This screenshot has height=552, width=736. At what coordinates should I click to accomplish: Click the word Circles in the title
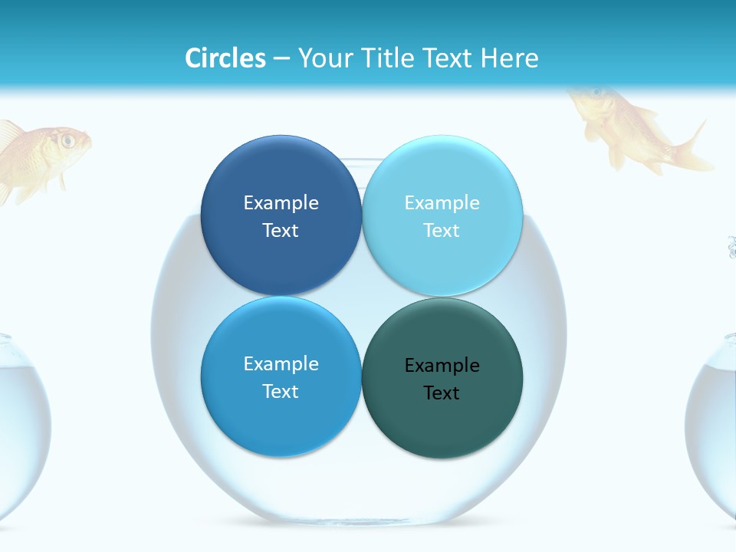[225, 58]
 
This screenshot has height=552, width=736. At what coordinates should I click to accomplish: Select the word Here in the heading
[510, 58]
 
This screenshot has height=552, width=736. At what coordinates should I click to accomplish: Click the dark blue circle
[281, 176]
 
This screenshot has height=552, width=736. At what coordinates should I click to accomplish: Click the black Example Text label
[442, 379]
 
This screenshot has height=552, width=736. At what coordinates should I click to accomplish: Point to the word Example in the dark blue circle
[281, 203]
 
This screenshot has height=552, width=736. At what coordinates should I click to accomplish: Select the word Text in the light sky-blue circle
[442, 231]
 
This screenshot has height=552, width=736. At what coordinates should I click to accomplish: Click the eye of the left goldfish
[67, 140]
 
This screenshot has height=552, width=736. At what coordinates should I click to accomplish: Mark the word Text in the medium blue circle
[281, 392]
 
